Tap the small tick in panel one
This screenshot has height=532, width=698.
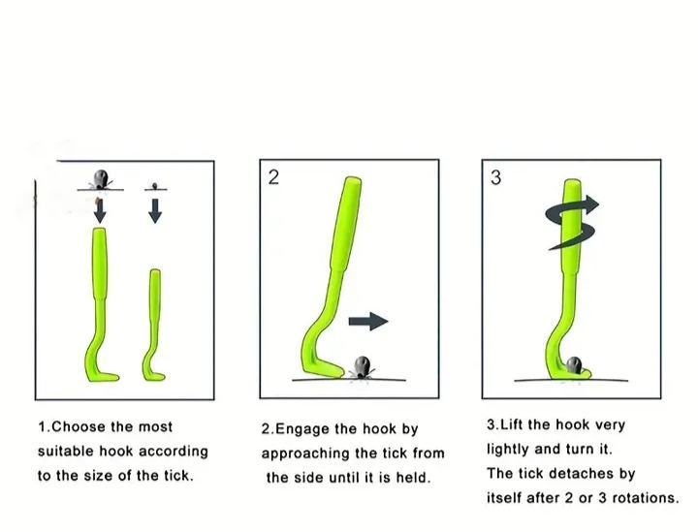pyautogui.click(x=155, y=185)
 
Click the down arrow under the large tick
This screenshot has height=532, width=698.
pyautogui.click(x=100, y=211)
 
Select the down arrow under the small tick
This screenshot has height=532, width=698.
pyautogui.click(x=155, y=211)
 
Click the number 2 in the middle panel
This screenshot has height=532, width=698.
pyautogui.click(x=273, y=177)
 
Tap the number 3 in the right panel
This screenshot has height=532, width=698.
pyautogui.click(x=495, y=177)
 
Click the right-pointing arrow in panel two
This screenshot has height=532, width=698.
pyautogui.click(x=368, y=321)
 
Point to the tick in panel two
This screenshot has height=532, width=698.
pyautogui.click(x=363, y=367)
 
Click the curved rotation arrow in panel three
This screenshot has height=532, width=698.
pyautogui.click(x=572, y=223)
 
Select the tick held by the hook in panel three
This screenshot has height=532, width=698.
pyautogui.click(x=574, y=364)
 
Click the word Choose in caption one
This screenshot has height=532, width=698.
pyautogui.click(x=79, y=427)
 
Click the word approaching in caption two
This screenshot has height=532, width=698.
pyautogui.click(x=305, y=454)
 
